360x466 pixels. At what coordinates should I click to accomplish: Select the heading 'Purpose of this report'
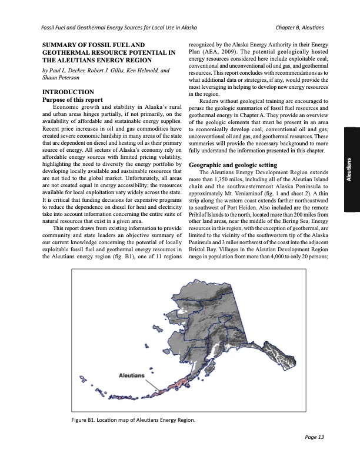(71, 99)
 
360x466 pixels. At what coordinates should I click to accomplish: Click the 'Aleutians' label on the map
(132, 374)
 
